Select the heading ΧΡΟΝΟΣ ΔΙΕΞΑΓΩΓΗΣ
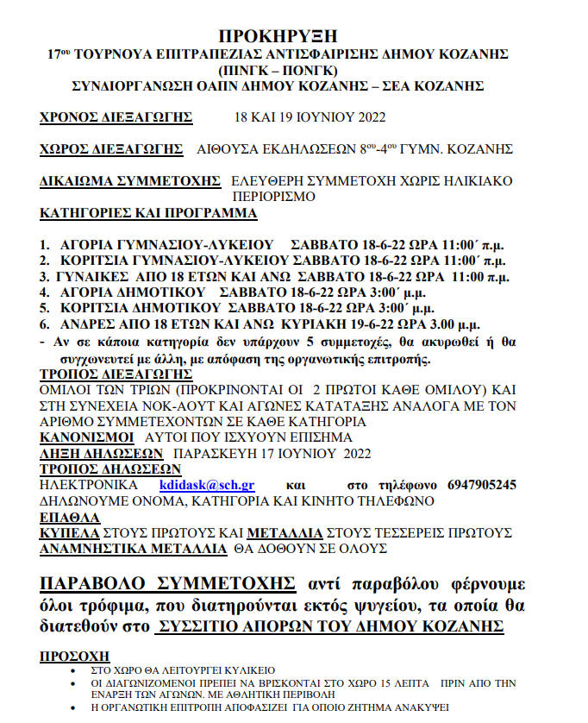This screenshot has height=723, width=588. [116, 117]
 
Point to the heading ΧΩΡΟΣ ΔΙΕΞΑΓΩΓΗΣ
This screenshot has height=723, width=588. [112, 148]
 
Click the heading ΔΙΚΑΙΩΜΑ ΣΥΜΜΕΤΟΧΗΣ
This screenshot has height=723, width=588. [130, 181]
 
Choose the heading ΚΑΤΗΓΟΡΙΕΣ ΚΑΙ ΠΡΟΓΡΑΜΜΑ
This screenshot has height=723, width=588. [148, 212]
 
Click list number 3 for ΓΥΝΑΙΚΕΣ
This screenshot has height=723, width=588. [44, 277]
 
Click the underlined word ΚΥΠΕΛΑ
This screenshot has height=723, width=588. [70, 532]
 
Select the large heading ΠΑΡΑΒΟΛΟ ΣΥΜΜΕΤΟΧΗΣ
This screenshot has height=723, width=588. [168, 579]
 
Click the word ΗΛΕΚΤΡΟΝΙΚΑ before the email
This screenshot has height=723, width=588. [89, 485]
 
